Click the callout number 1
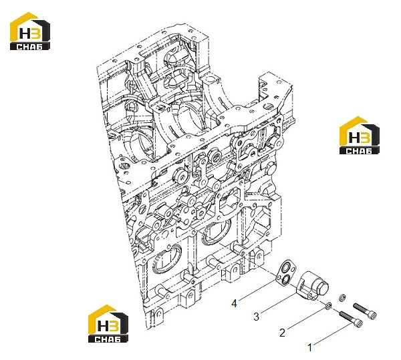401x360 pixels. (x=310, y=347)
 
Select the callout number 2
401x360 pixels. (x=282, y=333)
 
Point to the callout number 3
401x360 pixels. (x=256, y=317)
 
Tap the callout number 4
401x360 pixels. (x=234, y=303)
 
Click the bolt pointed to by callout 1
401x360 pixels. (x=351, y=319)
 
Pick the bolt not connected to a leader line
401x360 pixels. (x=365, y=311)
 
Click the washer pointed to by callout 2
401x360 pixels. (x=329, y=305)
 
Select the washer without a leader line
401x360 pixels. (x=342, y=297)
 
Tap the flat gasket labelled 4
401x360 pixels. (x=286, y=273)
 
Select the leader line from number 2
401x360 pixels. (x=306, y=317)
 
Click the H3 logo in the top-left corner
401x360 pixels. (x=30, y=31)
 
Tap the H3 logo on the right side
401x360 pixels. (x=360, y=135)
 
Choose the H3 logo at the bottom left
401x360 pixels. (x=108, y=324)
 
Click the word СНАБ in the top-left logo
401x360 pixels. (x=30, y=46)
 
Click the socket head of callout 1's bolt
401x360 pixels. (x=358, y=324)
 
